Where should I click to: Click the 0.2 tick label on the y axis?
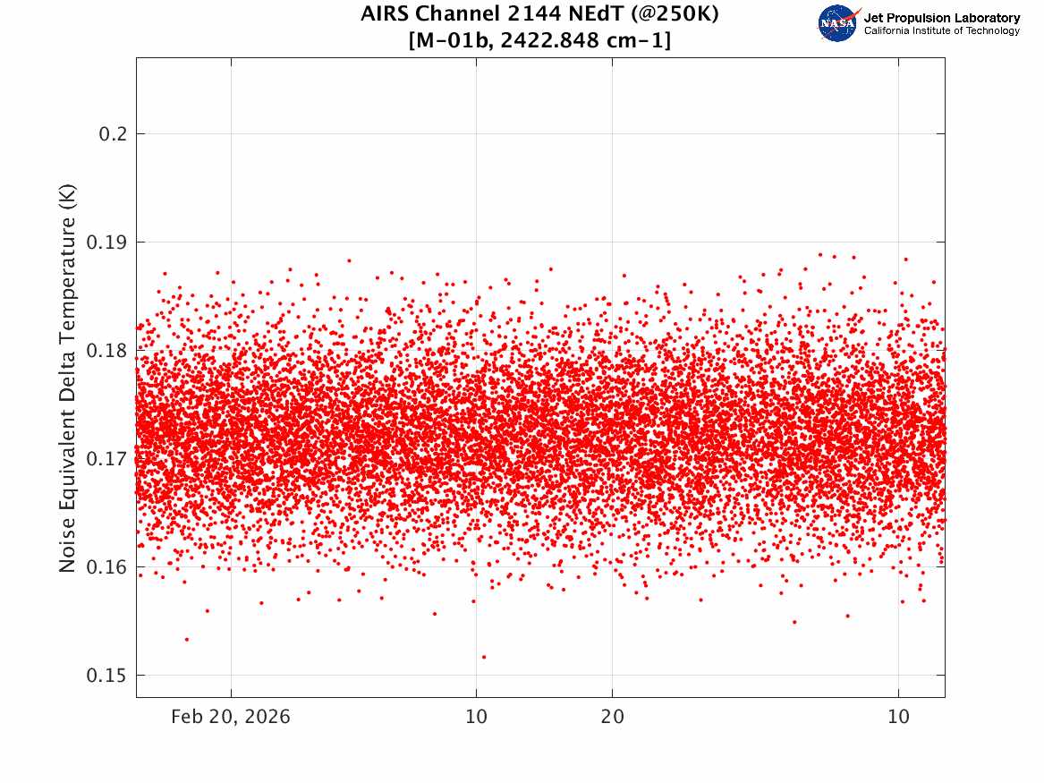coord(113,134)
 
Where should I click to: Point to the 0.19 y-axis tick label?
coord(106,243)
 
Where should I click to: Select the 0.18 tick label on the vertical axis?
coord(106,350)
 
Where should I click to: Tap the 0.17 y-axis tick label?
coord(106,459)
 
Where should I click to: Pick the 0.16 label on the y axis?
coord(106,567)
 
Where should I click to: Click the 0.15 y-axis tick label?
coord(106,676)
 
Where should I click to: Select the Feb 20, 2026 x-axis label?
coord(231,717)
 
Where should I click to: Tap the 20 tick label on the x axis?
coord(613,717)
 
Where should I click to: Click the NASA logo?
coord(838,23)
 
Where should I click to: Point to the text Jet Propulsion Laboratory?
coord(942,18)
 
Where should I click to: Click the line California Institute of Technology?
coord(942,30)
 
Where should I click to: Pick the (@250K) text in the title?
coord(675,14)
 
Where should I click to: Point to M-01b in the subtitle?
coord(452,41)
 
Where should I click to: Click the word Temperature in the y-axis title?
coord(67,273)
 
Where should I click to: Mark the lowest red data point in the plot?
coord(484,657)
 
